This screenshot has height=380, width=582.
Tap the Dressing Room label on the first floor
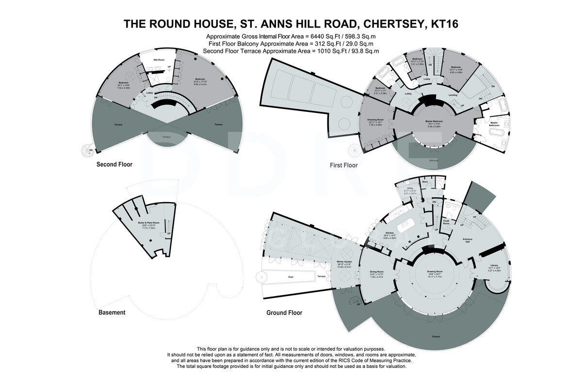pos(376,119)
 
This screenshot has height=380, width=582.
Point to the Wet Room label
pos(159,60)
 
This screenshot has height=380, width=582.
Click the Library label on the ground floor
pos(494,265)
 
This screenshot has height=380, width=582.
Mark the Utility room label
pos(410,188)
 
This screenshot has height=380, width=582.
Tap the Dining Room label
pos(377,271)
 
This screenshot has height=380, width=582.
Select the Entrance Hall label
pos(468,240)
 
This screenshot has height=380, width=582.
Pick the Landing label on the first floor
pos(453,95)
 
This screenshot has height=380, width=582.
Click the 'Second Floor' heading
pos(114,164)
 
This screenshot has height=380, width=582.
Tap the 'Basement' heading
pos(112,313)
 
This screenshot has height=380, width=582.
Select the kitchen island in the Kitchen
pos(405,226)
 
